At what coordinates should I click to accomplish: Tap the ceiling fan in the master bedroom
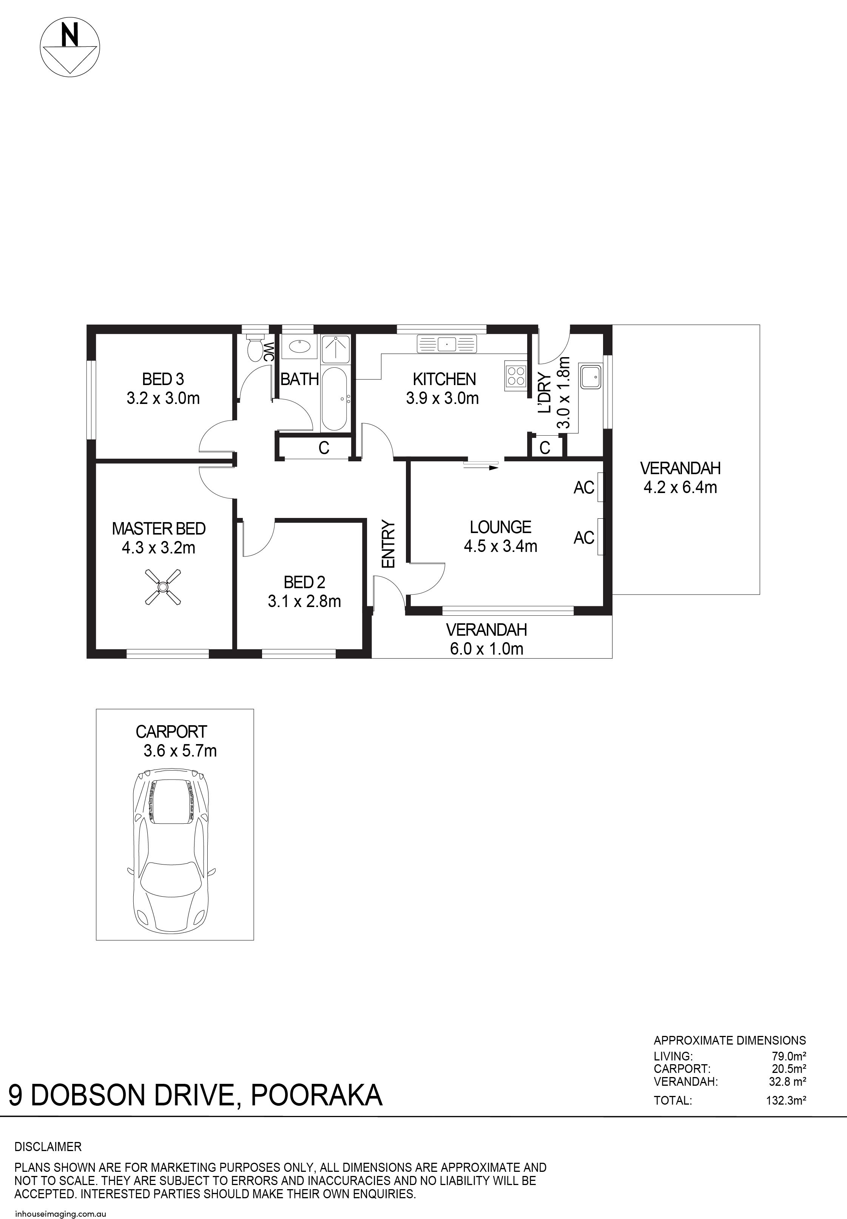click(x=163, y=586)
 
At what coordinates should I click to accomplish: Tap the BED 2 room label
click(x=305, y=583)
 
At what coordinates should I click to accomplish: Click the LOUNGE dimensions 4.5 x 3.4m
click(x=500, y=546)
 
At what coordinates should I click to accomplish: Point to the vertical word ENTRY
click(x=389, y=544)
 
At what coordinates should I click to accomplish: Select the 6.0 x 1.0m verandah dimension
click(x=487, y=649)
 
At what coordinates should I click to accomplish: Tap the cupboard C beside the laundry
click(x=545, y=448)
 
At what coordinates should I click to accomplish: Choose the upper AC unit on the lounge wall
click(x=600, y=487)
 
